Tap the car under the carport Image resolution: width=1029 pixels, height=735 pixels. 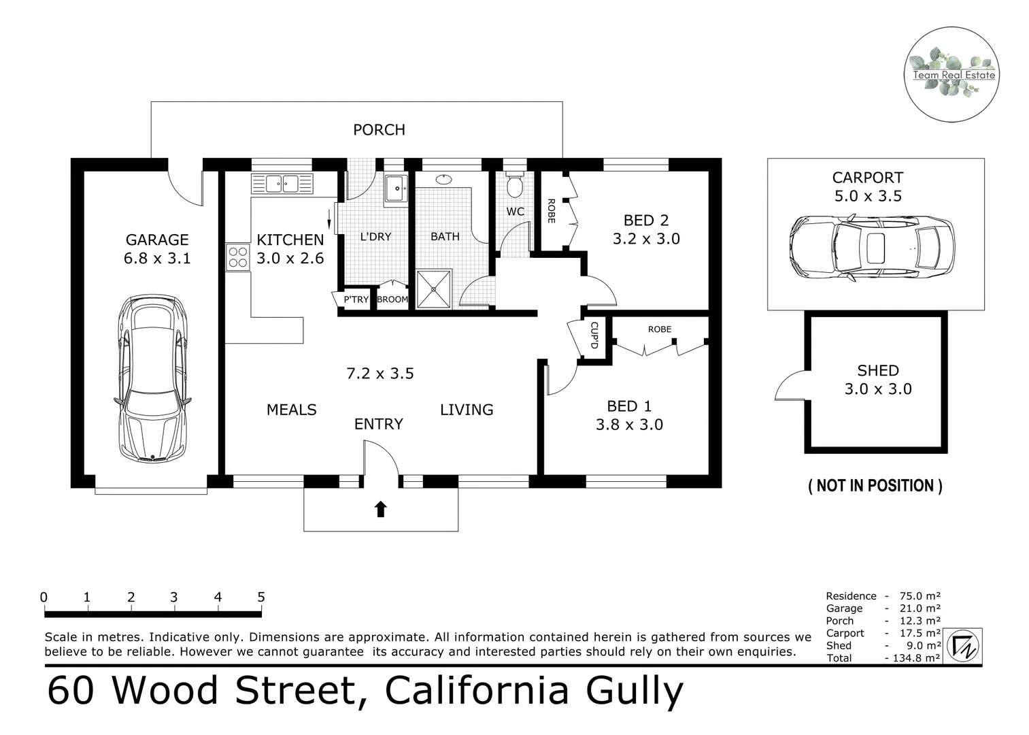pyautogui.click(x=871, y=248)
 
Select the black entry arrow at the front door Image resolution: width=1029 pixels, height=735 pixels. pyautogui.click(x=380, y=509)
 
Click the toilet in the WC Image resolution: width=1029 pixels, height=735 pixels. pyautogui.click(x=515, y=183)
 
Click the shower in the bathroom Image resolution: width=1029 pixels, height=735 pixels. pyautogui.click(x=433, y=289)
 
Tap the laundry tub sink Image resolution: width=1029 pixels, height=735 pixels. pyautogui.click(x=396, y=189)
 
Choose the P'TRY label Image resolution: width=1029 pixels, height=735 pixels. pyautogui.click(x=356, y=299)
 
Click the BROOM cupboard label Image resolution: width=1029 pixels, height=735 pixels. pyautogui.click(x=392, y=299)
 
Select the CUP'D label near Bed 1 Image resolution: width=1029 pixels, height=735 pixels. pyautogui.click(x=594, y=335)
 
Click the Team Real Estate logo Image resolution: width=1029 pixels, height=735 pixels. pyautogui.click(x=951, y=75)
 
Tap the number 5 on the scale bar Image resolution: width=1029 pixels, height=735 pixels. pyautogui.click(x=261, y=598)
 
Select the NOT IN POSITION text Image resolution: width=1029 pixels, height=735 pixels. pyautogui.click(x=875, y=486)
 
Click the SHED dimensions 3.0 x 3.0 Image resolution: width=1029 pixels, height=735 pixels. pyautogui.click(x=878, y=389)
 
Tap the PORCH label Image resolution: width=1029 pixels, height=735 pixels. pyautogui.click(x=379, y=130)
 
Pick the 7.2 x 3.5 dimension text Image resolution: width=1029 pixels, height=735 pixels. pyautogui.click(x=380, y=374)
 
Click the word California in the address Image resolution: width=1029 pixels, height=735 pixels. pyautogui.click(x=477, y=691)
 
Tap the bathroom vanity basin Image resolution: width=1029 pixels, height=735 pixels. pyautogui.click(x=443, y=180)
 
